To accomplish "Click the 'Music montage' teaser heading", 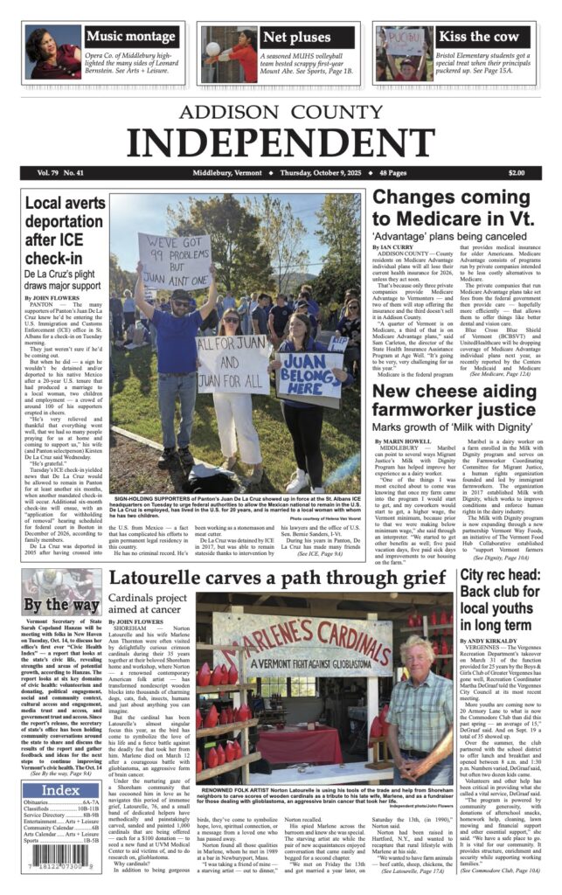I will [131, 37].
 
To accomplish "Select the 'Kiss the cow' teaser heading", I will [479, 37].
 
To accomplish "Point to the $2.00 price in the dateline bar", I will [517, 173].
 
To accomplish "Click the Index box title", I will [60, 790].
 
